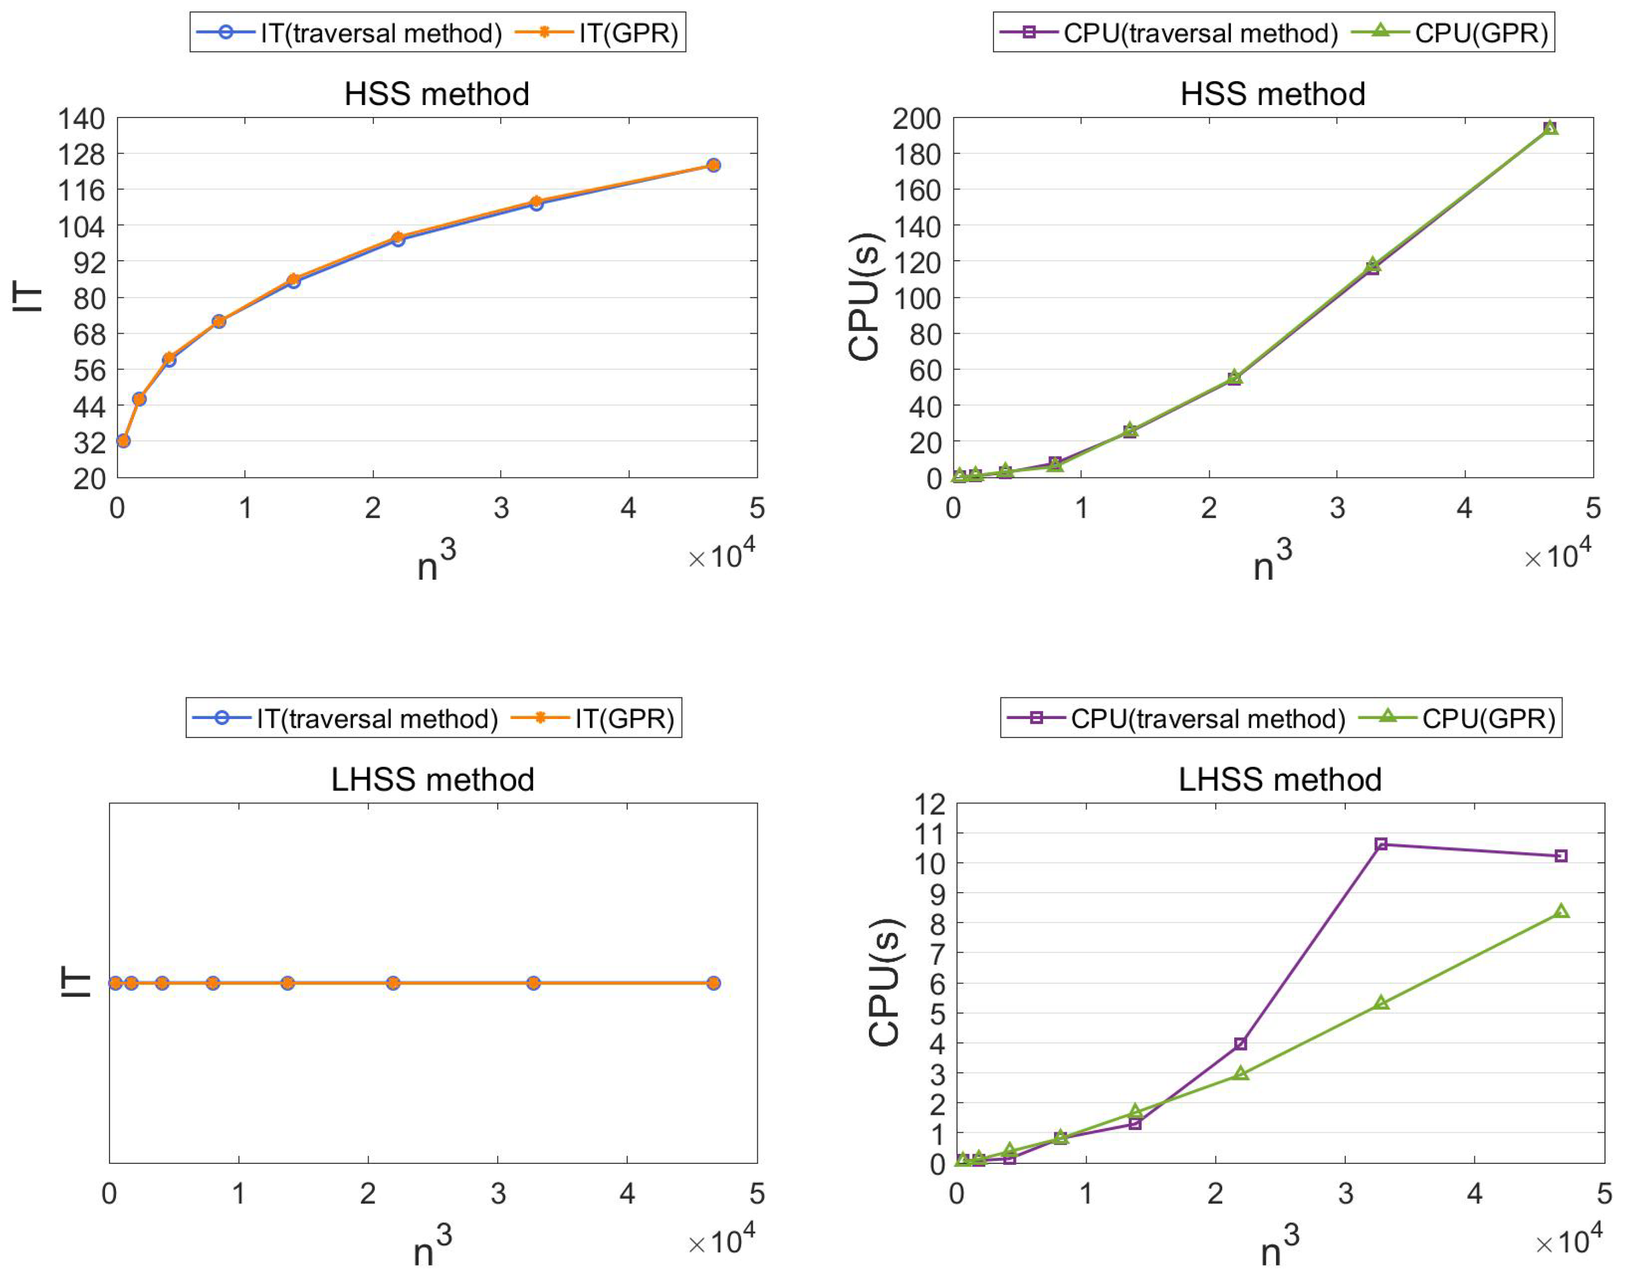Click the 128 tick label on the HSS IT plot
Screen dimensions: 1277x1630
[82, 154]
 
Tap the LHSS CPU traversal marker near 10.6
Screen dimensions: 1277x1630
[1381, 844]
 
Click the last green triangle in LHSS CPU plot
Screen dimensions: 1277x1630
[1561, 911]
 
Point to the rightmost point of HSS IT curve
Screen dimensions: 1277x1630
[713, 165]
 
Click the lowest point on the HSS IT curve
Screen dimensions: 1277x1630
[124, 441]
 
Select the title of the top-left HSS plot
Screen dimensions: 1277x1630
[437, 94]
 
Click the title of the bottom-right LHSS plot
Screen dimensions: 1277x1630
[1280, 780]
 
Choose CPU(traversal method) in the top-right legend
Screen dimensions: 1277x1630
[1200, 33]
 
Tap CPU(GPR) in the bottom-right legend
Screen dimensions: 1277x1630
[1488, 719]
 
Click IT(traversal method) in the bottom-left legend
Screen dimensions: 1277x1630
[377, 719]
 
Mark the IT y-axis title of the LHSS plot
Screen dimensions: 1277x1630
[75, 981]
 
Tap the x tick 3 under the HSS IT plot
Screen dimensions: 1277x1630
[501, 508]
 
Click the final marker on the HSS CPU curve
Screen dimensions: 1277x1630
[1550, 128]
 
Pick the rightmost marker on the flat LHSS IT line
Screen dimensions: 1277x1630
[713, 983]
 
